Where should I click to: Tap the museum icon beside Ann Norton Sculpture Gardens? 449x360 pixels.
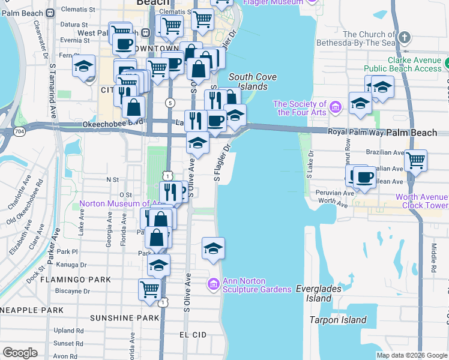tap(214, 283)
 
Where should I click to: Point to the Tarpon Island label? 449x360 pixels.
tap(337, 320)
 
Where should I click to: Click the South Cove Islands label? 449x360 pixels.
tap(248, 82)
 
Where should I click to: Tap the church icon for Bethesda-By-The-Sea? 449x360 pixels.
tap(405, 38)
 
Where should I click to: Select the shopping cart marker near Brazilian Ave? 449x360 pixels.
tap(415, 160)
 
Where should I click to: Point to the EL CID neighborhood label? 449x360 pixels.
tap(193, 334)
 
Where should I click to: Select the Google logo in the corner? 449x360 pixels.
tap(20, 353)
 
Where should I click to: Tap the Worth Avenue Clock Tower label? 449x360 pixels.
tap(421, 201)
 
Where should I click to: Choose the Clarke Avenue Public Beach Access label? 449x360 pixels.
tap(414, 65)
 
